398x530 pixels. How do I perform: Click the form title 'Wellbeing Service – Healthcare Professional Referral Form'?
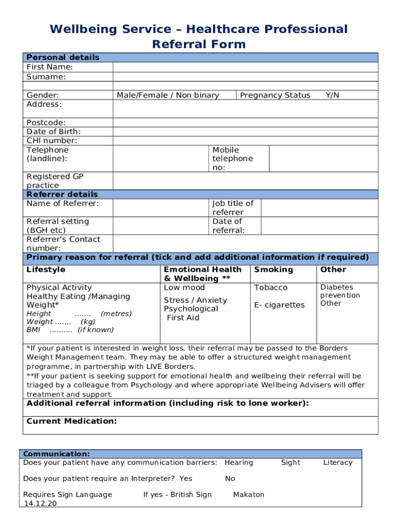tap(198, 36)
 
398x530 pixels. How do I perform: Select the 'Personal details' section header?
tap(63, 57)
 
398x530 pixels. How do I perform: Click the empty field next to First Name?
tap(245, 67)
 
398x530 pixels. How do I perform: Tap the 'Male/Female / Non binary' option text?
tap(168, 95)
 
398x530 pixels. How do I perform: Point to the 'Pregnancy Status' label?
tap(275, 95)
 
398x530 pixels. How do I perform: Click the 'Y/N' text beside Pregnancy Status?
tap(332, 95)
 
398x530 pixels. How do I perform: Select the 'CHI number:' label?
tap(52, 141)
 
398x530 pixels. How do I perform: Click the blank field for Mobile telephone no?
tap(324, 158)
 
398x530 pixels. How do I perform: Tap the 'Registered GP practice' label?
tap(55, 181)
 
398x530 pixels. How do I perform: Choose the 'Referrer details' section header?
tap(62, 195)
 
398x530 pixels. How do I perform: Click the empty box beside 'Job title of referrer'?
tap(319, 208)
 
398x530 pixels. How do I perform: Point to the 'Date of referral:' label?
tap(228, 226)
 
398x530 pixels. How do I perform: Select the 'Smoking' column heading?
tap(273, 270)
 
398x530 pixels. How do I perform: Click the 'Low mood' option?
tap(184, 288)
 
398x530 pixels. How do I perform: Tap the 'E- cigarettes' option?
tap(279, 305)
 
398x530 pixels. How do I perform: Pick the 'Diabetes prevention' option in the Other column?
tap(340, 291)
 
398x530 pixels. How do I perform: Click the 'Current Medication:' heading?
tap(71, 421)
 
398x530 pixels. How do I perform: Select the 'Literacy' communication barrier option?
tap(338, 463)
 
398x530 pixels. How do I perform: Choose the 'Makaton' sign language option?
tap(249, 495)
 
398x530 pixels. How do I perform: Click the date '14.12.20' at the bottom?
tap(40, 503)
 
